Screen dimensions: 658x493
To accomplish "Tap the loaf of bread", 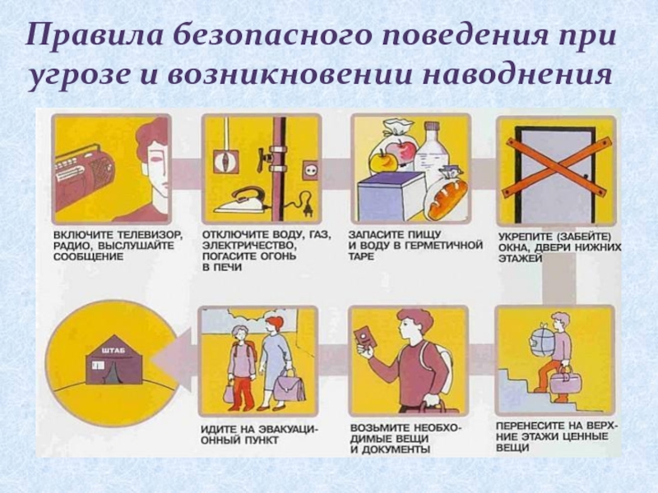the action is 449,197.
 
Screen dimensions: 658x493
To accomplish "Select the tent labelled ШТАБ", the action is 114,359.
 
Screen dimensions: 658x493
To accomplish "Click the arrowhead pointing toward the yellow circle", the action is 173,361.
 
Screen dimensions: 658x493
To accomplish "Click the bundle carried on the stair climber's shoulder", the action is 542,339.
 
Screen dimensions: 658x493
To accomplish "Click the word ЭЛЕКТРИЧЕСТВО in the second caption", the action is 248,245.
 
